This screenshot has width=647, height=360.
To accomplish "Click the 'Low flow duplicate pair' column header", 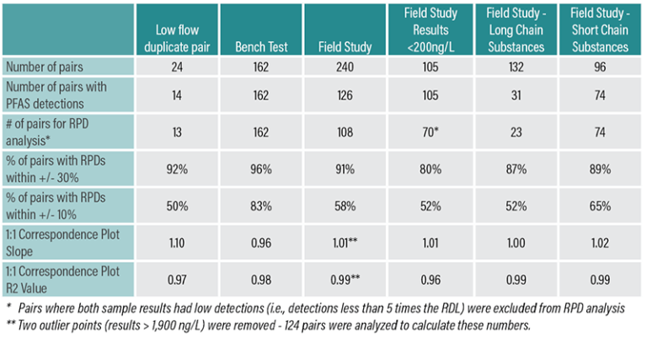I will tap(176, 38).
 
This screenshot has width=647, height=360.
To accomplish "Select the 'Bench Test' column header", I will tap(259, 46).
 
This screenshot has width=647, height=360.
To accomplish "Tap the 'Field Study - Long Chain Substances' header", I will tap(515, 30).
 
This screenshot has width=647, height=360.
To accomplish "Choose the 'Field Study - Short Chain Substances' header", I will tap(599, 30).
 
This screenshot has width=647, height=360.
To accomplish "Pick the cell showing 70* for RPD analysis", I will tap(430, 132).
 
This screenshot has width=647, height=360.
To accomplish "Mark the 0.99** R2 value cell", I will tap(345, 280).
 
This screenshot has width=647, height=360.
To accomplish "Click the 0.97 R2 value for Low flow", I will tap(176, 280).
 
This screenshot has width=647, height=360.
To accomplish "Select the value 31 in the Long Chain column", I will tap(515, 95).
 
